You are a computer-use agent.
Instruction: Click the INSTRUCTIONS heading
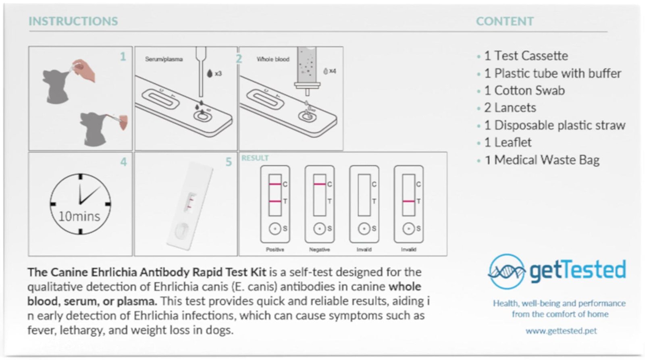point(73,21)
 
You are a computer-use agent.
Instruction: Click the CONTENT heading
point(505,21)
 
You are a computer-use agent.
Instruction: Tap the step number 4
point(123,162)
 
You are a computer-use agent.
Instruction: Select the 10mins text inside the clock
point(79,217)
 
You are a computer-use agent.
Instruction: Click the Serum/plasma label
point(164,59)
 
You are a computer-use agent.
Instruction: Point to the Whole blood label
point(273,59)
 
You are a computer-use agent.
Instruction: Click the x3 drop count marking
point(218,74)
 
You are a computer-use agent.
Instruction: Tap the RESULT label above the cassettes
point(255,158)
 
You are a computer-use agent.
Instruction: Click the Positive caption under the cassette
point(275,250)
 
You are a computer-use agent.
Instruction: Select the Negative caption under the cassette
point(319,250)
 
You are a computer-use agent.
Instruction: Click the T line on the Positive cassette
point(275,201)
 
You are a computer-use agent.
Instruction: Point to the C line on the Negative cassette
point(319,184)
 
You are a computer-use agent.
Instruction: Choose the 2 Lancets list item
point(510,108)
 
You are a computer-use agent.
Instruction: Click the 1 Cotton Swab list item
point(524,91)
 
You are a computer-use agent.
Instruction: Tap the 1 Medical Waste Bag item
point(542,160)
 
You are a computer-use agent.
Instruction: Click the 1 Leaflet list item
point(508,143)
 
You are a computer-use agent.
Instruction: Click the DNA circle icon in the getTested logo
point(507,271)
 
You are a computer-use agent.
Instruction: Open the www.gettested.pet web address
point(561,331)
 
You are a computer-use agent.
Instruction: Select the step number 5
point(228,162)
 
